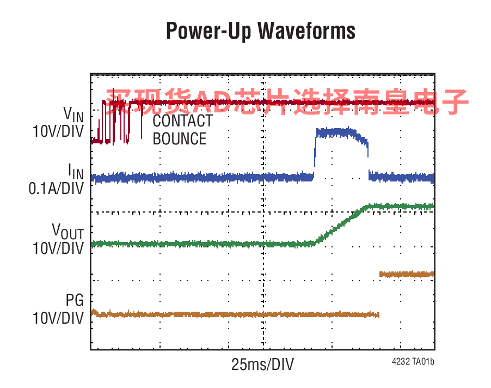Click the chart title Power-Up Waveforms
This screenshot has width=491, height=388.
point(260,31)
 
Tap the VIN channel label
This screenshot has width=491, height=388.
point(73,114)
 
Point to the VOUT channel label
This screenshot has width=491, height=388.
point(68,231)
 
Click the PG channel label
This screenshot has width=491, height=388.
point(75,300)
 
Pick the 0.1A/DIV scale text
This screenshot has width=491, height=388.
point(57,189)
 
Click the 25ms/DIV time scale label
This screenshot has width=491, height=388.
point(262,365)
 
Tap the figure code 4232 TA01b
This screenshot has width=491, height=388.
point(412,361)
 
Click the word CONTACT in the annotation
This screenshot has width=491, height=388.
point(182,120)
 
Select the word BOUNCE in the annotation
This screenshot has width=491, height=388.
point(180,138)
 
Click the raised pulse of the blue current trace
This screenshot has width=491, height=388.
point(341,133)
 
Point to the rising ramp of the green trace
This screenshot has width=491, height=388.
point(340,223)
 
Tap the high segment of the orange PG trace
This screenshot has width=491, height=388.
point(406,274)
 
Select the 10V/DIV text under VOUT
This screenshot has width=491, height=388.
point(58,248)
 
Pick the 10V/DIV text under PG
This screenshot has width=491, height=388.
point(58,317)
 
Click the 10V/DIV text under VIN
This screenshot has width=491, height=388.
point(58,131)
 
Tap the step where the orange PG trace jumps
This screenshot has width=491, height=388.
point(379,294)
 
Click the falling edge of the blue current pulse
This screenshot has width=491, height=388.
point(369,158)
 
